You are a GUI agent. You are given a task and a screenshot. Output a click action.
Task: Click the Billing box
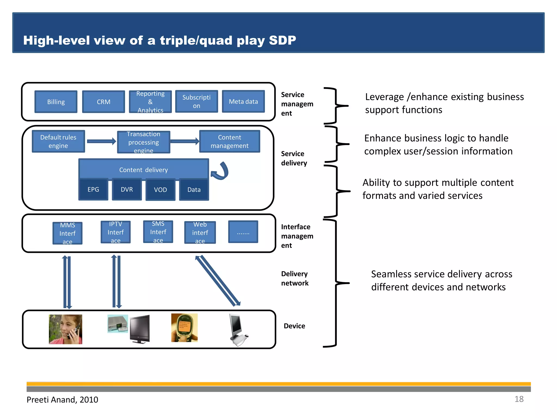56,102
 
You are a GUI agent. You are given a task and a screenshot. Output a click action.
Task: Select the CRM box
103,102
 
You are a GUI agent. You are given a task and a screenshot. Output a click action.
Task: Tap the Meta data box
243,102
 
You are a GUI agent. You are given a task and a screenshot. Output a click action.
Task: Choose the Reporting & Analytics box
150,102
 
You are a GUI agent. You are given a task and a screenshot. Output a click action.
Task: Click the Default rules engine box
58,141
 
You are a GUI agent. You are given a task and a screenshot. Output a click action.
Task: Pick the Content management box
230,141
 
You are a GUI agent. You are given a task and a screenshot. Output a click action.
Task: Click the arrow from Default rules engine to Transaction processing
101,141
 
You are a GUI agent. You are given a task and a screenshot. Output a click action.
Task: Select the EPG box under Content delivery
93,189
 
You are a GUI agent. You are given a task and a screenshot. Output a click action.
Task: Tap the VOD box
160,190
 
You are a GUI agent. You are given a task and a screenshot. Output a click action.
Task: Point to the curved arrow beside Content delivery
221,171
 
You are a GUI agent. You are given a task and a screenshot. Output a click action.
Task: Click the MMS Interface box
67,233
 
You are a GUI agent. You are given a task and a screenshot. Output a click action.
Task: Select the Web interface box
200,232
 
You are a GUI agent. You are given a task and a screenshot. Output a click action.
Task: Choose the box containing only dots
243,232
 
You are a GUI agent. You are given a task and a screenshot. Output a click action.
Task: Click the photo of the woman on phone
66,329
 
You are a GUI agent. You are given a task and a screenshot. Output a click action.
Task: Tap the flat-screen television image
140,329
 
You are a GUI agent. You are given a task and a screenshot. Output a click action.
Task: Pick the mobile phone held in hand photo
184,328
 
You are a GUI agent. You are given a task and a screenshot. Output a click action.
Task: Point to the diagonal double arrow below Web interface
218,280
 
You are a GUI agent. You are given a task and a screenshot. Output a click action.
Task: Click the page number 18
519,399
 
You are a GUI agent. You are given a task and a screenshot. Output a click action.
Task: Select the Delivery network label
295,278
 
